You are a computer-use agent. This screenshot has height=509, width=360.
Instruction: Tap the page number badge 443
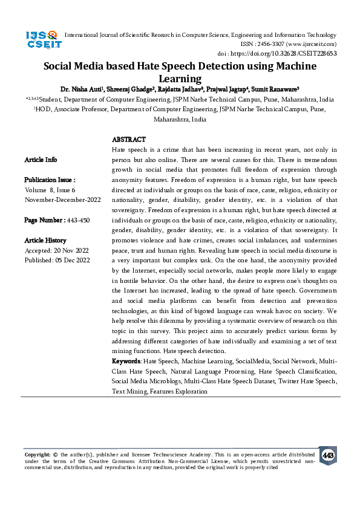328,455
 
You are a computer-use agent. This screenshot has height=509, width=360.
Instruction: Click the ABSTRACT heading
129,140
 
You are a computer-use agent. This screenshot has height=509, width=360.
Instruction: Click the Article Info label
41,160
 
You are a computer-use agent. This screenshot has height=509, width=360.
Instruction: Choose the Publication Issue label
50,180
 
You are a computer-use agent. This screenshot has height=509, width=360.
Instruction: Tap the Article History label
45,241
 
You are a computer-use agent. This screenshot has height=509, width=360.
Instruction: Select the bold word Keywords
126,361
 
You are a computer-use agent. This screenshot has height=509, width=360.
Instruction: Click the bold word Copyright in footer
37,454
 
